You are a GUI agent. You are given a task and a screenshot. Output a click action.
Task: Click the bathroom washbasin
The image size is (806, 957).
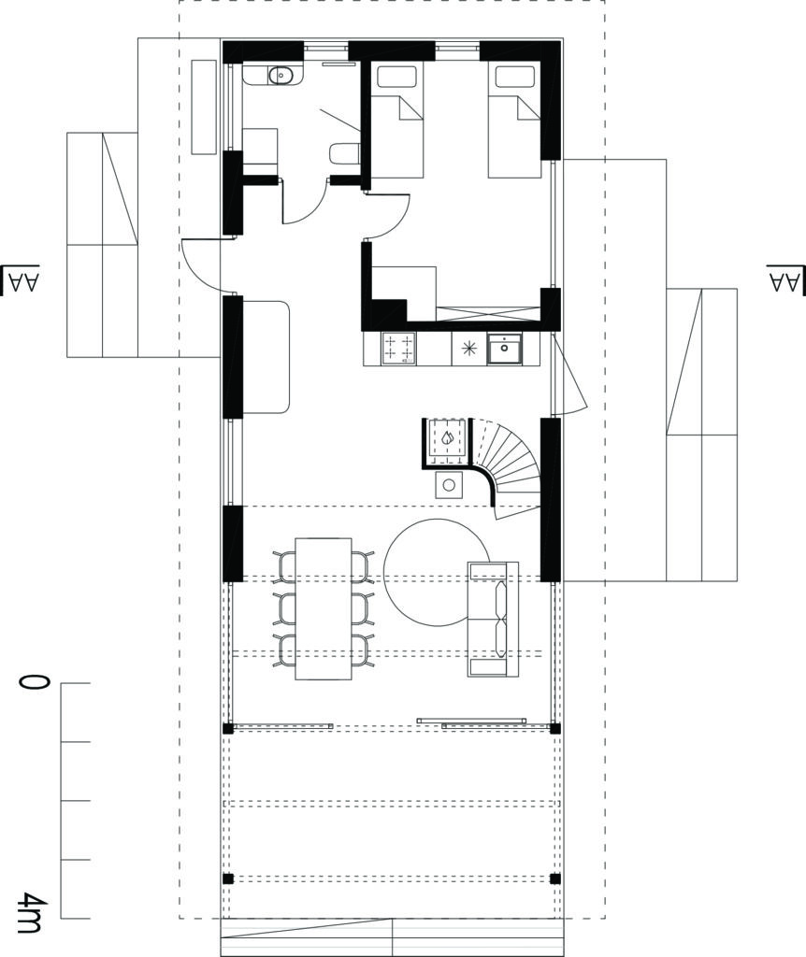[281, 76]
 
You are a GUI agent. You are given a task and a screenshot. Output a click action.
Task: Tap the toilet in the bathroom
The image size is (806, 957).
[345, 154]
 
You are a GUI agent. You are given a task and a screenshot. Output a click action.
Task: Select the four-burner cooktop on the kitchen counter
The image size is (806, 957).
[398, 349]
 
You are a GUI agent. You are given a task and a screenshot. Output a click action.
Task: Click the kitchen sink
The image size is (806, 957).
[505, 349]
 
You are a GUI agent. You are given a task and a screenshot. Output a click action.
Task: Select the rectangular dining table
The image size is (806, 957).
[324, 607]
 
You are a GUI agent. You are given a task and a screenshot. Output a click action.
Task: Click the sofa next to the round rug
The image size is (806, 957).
[493, 619]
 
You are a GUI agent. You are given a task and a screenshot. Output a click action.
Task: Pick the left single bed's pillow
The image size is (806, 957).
[396, 78]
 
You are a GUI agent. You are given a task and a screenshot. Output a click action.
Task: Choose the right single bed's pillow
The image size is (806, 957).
[515, 78]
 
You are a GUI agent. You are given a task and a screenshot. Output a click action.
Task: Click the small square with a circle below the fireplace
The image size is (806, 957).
[450, 485]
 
